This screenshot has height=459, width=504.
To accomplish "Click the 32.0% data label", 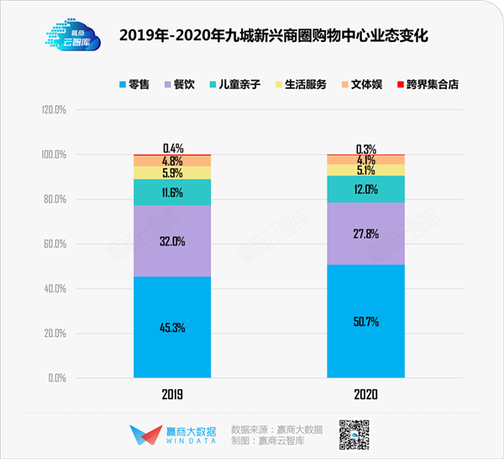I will [172, 240].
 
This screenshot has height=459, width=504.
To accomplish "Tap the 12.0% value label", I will [366, 189].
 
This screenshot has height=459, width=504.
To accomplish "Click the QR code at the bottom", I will [354, 433].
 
